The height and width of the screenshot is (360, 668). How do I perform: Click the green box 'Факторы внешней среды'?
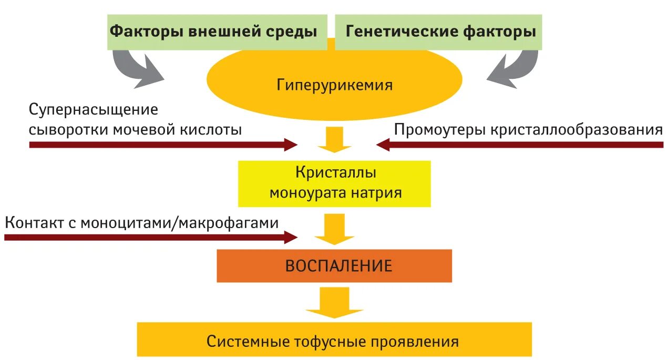pyautogui.click(x=213, y=32)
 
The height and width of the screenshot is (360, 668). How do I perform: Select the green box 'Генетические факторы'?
pyautogui.click(x=440, y=32)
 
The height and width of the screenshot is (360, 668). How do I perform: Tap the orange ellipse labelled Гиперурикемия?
pyautogui.click(x=334, y=85)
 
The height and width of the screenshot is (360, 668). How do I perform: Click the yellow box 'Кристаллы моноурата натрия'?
pyautogui.click(x=335, y=183)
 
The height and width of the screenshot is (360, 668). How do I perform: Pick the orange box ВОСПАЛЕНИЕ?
pyautogui.click(x=334, y=265)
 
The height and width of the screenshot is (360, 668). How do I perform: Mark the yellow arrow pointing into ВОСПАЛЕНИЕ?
pyautogui.click(x=335, y=229)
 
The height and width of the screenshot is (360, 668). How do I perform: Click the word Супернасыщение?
pyautogui.click(x=94, y=110)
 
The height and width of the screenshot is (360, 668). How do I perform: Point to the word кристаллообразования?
pyautogui.click(x=577, y=130)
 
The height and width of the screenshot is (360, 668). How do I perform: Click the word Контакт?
pyautogui.click(x=35, y=223)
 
